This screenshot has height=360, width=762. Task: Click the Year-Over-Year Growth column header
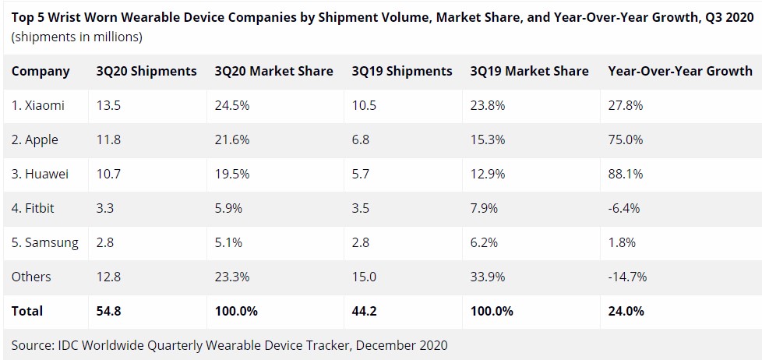[x=679, y=71]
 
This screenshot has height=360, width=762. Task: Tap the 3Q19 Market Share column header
[x=529, y=71]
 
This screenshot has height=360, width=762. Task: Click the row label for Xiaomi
[x=38, y=106]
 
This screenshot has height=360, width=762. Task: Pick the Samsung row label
[x=45, y=242]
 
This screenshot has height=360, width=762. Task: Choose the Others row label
[x=31, y=277]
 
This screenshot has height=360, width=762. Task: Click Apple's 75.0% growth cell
[x=625, y=140]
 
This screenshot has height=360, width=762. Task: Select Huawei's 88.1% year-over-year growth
[x=625, y=175]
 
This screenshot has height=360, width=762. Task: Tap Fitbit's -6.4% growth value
[x=625, y=208]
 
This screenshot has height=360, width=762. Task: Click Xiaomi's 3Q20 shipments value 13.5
[x=110, y=106]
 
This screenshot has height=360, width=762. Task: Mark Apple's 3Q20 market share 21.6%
[x=232, y=140]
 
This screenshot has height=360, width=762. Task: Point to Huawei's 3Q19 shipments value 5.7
[x=361, y=175]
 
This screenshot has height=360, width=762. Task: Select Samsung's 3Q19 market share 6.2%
[x=485, y=242]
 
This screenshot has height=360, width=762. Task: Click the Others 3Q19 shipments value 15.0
[x=364, y=277]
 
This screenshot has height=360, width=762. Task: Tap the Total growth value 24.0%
[x=626, y=311]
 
